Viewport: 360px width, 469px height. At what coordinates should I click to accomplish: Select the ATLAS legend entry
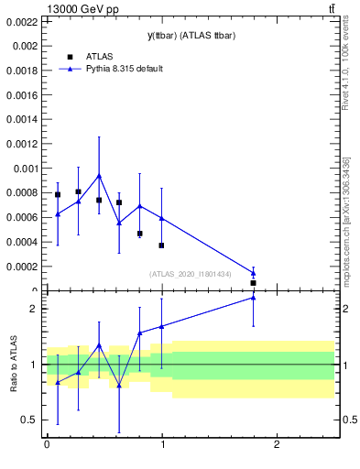(x=100, y=57)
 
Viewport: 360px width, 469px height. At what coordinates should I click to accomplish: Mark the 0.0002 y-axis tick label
(x=23, y=267)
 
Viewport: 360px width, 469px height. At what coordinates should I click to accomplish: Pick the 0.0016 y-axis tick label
(x=23, y=94)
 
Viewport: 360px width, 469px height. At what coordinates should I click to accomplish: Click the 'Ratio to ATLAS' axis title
(x=14, y=365)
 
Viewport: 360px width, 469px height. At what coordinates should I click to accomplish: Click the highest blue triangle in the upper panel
(x=99, y=175)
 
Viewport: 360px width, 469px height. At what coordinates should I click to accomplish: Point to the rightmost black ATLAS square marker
(x=253, y=283)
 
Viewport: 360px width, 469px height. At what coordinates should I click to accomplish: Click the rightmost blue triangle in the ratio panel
(x=253, y=297)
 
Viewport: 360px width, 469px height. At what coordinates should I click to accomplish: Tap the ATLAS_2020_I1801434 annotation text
(x=202, y=273)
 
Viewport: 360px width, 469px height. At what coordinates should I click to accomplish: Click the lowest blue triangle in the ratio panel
(x=119, y=385)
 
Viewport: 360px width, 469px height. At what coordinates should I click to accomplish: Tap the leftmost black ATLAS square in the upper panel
(x=58, y=194)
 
